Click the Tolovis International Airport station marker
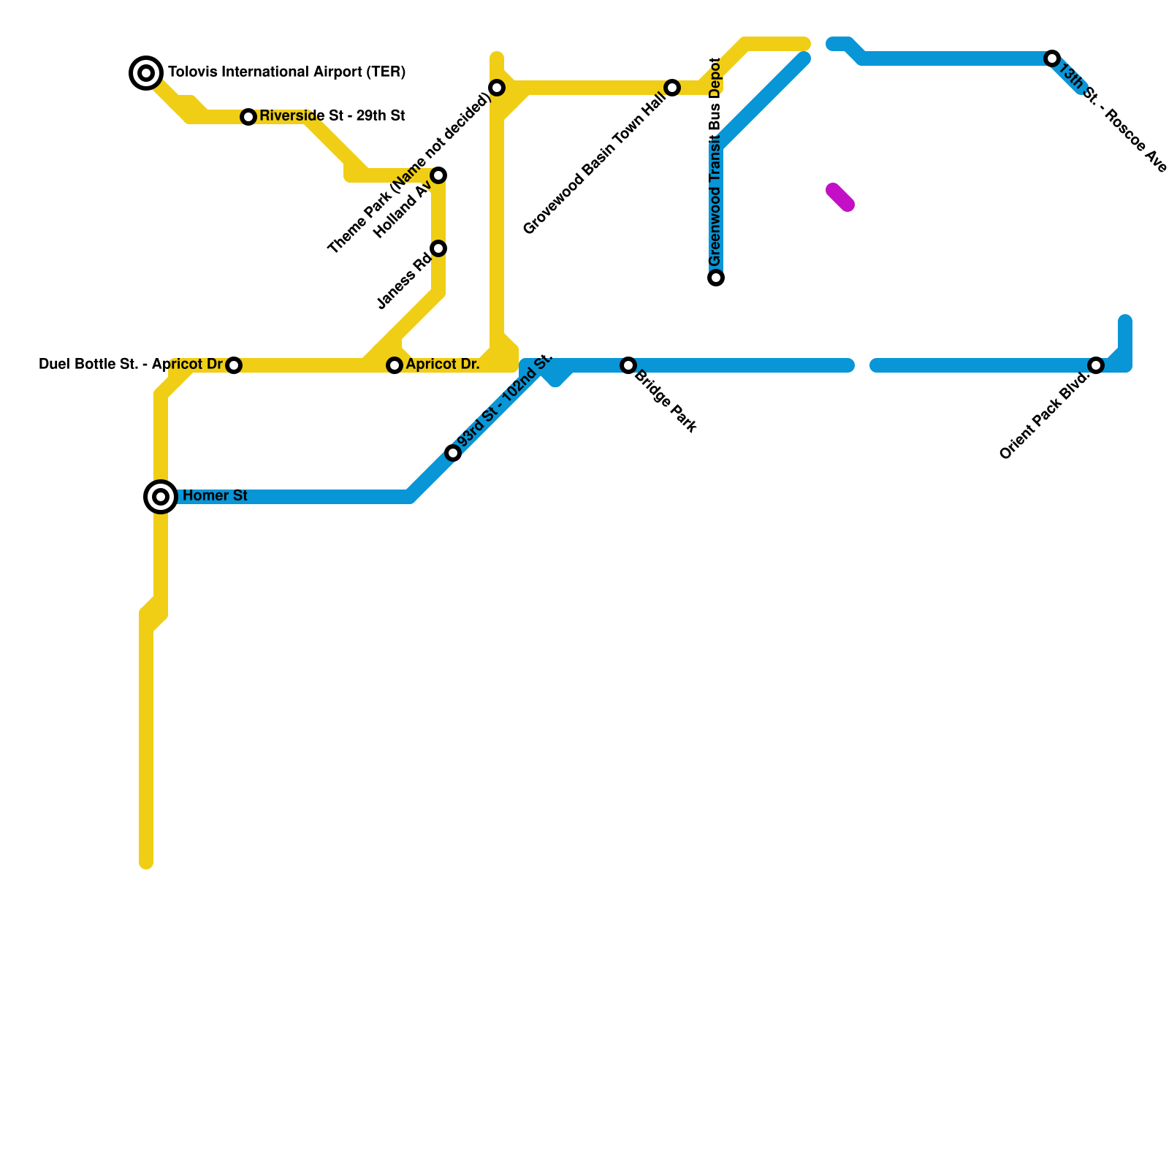pyautogui.click(x=146, y=72)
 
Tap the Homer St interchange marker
pyautogui.click(x=161, y=497)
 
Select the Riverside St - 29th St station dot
pyautogui.click(x=248, y=117)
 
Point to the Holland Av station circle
pyautogui.click(x=438, y=175)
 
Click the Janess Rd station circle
pyautogui.click(x=438, y=248)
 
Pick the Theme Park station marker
pyautogui.click(x=497, y=88)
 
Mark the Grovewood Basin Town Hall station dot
pyautogui.click(x=672, y=88)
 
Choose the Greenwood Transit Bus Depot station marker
pyautogui.click(x=716, y=278)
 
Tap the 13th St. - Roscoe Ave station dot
pyautogui.click(x=1051, y=58)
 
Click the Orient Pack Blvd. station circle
pyautogui.click(x=1095, y=365)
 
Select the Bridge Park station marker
pyautogui.click(x=628, y=365)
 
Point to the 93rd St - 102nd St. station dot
pyautogui.click(x=453, y=453)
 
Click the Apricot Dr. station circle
pyautogui.click(x=395, y=365)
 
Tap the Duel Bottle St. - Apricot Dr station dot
pyautogui.click(x=234, y=365)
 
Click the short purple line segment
pyautogui.click(x=840, y=197)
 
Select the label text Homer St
pyautogui.click(x=215, y=496)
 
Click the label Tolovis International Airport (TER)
pyautogui.click(x=286, y=72)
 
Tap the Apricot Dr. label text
pyautogui.click(x=443, y=365)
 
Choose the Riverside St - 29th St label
pyautogui.click(x=332, y=116)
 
